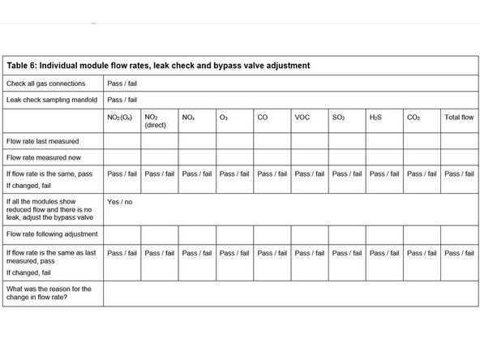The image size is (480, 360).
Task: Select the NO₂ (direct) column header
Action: [156, 122]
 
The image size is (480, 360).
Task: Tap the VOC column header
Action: [302, 118]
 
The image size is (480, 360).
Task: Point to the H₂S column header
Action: [375, 118]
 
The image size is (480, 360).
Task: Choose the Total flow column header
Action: [459, 118]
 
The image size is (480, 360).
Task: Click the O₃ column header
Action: [224, 118]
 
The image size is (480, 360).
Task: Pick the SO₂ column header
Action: [339, 118]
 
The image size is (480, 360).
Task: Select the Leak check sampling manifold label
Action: [51, 100]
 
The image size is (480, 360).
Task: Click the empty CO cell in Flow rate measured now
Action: [272, 156]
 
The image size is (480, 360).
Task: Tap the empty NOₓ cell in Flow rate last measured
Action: [197, 139]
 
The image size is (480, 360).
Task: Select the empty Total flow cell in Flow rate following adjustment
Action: [459, 233]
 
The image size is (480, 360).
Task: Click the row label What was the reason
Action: [49, 293]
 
